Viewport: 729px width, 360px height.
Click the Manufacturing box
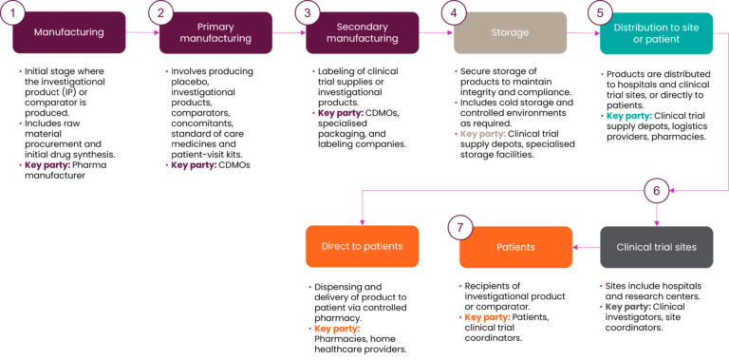point(68,33)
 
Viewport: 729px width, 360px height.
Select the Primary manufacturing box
point(215,33)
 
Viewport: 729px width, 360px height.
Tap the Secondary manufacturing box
point(362,33)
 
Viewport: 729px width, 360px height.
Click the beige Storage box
point(510,33)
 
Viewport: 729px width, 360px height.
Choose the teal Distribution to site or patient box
point(656,33)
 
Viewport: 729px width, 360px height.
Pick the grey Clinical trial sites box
point(656,247)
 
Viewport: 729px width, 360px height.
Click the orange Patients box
point(515,247)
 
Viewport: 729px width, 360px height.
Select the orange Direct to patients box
point(362,247)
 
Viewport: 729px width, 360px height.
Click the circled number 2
point(160,13)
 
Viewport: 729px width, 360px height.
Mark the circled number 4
point(454,13)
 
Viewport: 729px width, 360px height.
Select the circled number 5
point(600,13)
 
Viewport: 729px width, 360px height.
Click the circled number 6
point(656,190)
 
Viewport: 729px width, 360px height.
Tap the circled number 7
point(460,228)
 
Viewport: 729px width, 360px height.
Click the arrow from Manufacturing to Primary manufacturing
point(141,33)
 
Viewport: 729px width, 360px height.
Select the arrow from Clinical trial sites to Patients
point(586,247)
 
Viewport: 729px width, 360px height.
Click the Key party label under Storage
point(483,134)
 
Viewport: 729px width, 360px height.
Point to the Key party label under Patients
point(487,317)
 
